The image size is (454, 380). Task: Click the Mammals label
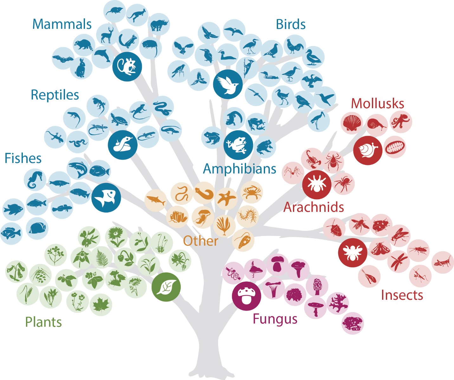(62, 24)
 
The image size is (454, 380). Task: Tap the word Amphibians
(239, 169)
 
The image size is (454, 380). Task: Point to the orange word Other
(200, 241)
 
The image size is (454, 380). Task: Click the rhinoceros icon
(159, 24)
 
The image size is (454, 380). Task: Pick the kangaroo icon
(137, 15)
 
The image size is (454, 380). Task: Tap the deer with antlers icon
(107, 35)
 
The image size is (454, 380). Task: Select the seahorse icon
(35, 180)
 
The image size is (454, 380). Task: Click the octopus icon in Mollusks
(401, 122)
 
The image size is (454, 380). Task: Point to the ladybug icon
(381, 225)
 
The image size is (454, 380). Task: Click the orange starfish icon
(227, 199)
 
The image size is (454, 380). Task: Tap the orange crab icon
(251, 192)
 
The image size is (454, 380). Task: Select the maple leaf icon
(101, 305)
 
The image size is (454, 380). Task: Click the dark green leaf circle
(166, 287)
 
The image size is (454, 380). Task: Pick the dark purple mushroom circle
(247, 296)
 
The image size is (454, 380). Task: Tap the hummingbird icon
(325, 97)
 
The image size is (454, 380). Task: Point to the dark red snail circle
(368, 151)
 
